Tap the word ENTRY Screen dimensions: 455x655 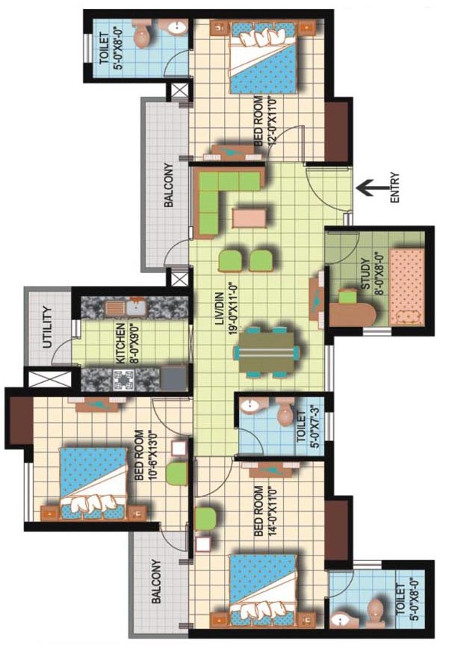394,188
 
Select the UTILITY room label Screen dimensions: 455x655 48,328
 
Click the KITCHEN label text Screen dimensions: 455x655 120,343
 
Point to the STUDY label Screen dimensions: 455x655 365,274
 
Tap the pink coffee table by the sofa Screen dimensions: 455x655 250,219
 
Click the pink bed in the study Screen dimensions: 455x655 407,286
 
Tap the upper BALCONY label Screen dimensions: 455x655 168,185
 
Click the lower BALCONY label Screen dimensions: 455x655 156,581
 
